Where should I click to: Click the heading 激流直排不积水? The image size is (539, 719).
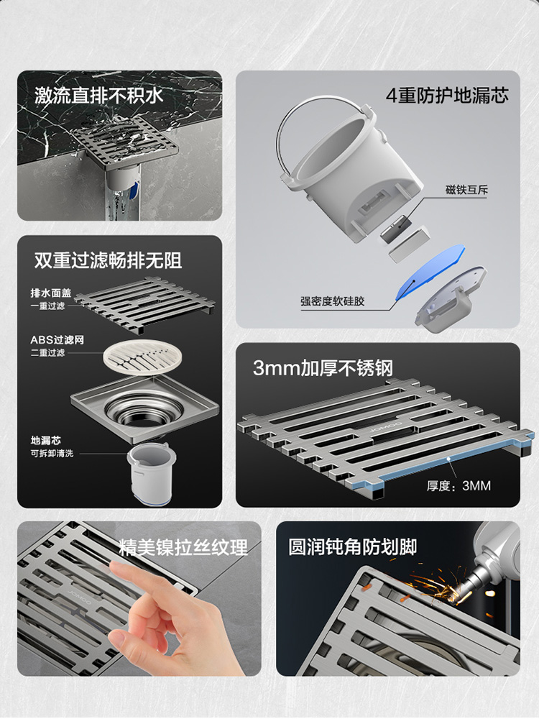pos(98,96)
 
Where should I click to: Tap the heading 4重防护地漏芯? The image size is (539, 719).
pos(447,96)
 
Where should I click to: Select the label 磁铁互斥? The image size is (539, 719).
pos(466,189)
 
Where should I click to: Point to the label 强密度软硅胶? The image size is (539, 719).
pos(332,301)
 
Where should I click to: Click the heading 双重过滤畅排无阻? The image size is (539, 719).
pos(109,260)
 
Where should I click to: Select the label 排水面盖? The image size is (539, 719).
pos(51,293)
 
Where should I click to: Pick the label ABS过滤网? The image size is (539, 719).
pos(57,340)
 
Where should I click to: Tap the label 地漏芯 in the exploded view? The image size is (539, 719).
pos(46,440)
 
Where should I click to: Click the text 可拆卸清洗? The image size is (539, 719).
pos(52,453)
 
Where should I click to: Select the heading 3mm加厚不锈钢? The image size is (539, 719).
pos(323,367)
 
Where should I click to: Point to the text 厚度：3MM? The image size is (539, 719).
pos(459,485)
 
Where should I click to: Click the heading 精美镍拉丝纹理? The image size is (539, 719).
pos(183,547)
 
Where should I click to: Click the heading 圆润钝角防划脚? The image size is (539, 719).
pos(352,546)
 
